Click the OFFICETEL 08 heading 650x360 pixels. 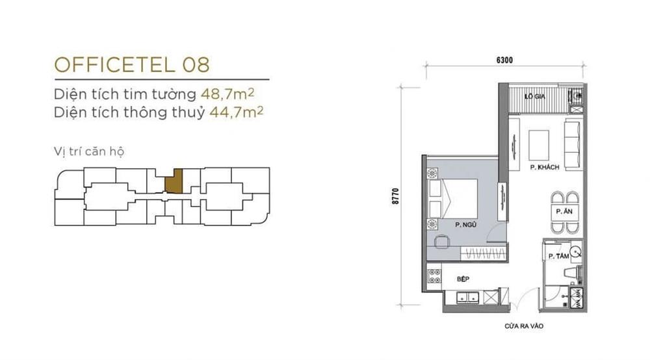tap(132, 64)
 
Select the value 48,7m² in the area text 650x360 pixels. tap(227, 94)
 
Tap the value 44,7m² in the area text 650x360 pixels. tap(237, 112)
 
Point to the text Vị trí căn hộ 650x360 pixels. tap(89, 151)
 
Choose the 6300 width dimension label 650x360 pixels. tap(504, 60)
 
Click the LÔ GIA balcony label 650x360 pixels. tap(535, 97)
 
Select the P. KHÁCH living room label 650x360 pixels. tap(545, 168)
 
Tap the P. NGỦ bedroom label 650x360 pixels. tap(465, 225)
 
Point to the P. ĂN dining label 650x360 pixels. tap(564, 211)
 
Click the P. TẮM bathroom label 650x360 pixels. tap(559, 257)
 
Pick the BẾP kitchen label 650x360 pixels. tap(463, 279)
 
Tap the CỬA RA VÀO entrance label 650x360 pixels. tap(524, 326)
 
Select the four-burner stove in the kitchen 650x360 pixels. tap(434, 276)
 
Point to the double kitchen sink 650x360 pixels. tap(467, 297)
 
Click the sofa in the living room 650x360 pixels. tap(574, 145)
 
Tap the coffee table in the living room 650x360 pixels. tap(539, 146)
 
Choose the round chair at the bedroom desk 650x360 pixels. tap(441, 242)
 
